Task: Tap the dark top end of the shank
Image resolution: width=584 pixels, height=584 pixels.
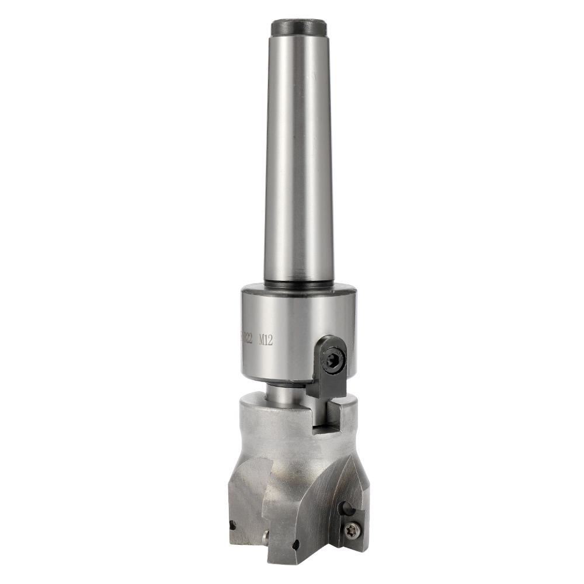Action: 298,27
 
